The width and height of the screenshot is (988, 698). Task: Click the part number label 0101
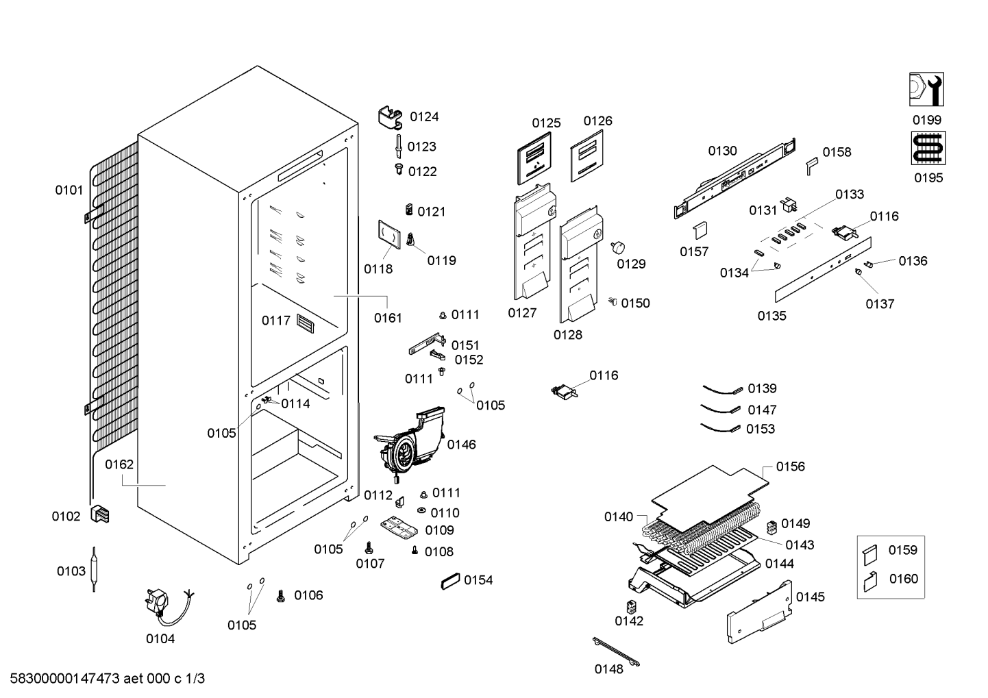pos(69,190)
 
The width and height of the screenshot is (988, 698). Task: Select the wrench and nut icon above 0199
pos(926,89)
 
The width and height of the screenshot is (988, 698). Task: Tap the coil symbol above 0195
pos(928,148)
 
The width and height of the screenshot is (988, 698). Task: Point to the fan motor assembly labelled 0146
pos(409,445)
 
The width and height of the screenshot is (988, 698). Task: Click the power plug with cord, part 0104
pos(166,606)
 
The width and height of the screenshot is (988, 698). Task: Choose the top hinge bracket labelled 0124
pos(391,118)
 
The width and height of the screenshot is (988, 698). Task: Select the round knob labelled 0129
pos(618,247)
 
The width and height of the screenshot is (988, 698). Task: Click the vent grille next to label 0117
pos(305,323)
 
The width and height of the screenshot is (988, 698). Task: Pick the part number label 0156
pos(791,466)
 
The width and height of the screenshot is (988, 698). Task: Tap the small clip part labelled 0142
pos(631,607)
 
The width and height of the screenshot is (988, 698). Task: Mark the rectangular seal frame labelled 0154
pos(450,581)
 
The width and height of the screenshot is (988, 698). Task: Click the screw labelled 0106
pos(280,596)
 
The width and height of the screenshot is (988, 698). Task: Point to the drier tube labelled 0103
pos(94,569)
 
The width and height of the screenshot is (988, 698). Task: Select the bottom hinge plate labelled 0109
pos(399,528)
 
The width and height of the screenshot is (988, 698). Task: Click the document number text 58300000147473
pos(64,678)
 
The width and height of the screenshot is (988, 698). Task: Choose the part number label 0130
pos(722,151)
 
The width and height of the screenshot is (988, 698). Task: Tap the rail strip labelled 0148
pos(616,651)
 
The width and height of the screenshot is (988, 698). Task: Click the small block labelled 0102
pos(99,514)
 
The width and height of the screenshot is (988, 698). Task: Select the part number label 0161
pos(388,318)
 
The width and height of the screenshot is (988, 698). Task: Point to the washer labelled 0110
pos(421,510)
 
